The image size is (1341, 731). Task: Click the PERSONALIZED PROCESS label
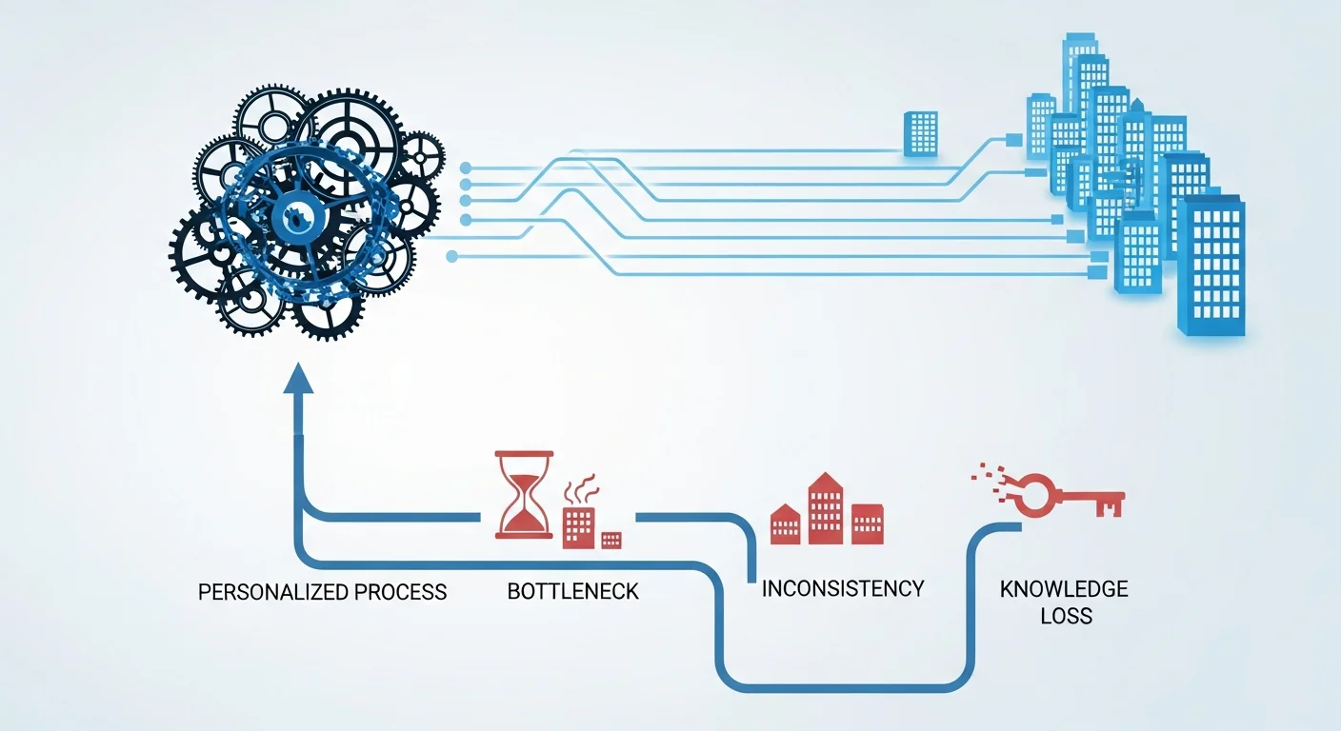tap(322, 591)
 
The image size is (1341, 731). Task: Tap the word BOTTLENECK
tap(572, 591)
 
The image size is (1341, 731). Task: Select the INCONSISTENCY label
tap(843, 588)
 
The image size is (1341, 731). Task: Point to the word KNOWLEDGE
tap(1064, 588)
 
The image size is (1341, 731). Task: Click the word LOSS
tap(1065, 616)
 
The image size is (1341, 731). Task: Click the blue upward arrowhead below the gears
tap(301, 378)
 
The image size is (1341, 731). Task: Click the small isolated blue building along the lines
tap(920, 132)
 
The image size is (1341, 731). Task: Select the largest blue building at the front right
tap(1211, 266)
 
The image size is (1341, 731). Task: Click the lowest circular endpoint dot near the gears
tap(451, 255)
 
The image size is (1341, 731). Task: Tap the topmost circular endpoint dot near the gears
tap(465, 167)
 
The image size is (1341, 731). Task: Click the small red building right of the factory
tap(611, 540)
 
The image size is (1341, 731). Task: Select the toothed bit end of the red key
tap(1109, 504)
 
